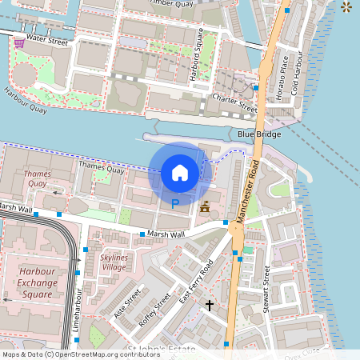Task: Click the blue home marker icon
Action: pyautogui.click(x=180, y=172)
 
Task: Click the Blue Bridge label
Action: pyautogui.click(x=259, y=134)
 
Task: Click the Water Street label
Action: pyautogui.click(x=46, y=37)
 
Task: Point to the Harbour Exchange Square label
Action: pyautogui.click(x=35, y=283)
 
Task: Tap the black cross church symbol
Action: pyautogui.click(x=210, y=305)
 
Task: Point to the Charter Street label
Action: pyautogui.click(x=234, y=102)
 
